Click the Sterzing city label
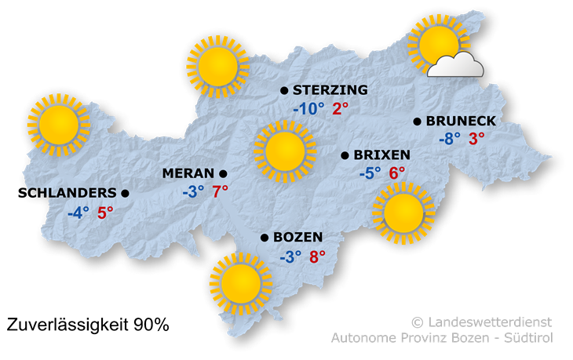(x=330, y=91)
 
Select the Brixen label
(x=382, y=155)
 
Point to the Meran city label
(x=188, y=173)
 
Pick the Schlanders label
(x=71, y=193)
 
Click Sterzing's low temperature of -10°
(x=308, y=109)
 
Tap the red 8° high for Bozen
(x=317, y=256)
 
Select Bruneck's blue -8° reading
(x=450, y=140)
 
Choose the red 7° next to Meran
(x=220, y=191)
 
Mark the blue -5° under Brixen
(x=370, y=173)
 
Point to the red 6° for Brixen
(x=397, y=173)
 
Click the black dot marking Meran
(x=224, y=173)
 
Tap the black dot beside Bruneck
(x=418, y=122)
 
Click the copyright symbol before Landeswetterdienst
(x=417, y=322)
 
